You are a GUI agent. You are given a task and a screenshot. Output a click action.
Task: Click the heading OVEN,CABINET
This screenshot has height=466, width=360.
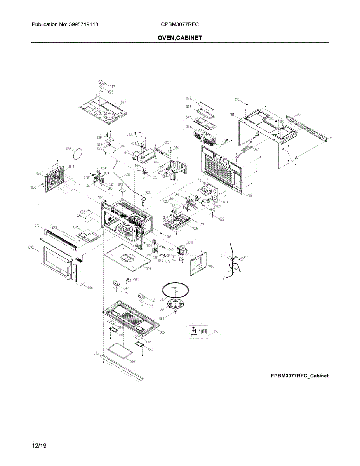(x=180, y=38)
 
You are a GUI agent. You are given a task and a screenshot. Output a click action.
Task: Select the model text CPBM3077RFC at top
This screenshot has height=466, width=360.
(x=180, y=24)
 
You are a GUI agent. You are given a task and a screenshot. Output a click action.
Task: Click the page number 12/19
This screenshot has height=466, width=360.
(x=39, y=446)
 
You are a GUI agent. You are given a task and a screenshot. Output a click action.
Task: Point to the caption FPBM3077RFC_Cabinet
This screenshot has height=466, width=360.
(x=299, y=376)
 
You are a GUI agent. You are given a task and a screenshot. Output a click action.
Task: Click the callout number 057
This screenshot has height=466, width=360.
(x=68, y=149)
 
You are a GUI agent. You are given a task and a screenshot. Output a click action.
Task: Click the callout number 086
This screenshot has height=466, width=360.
(x=298, y=115)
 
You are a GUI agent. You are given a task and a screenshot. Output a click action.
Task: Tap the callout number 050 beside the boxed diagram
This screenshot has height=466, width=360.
(x=216, y=331)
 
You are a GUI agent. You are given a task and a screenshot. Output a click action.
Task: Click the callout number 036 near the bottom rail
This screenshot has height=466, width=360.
(x=96, y=353)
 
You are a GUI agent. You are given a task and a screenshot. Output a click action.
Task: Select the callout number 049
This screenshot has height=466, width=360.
(x=132, y=362)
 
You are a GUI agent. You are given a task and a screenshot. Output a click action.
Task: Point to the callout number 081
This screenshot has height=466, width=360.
(x=232, y=115)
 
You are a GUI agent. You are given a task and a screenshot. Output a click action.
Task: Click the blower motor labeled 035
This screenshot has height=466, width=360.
(x=206, y=137)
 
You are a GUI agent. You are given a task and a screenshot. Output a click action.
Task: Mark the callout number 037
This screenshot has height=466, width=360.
(x=123, y=103)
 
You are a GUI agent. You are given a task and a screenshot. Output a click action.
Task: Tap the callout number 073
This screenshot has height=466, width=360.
(x=37, y=225)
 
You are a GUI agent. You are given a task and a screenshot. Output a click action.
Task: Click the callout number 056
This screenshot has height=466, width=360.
(x=250, y=196)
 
